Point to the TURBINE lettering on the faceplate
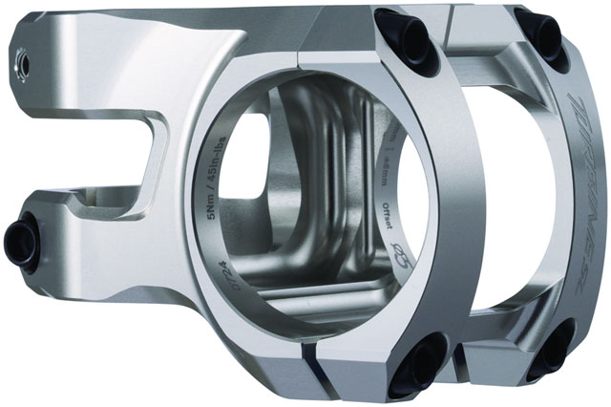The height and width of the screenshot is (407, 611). (583, 143)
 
